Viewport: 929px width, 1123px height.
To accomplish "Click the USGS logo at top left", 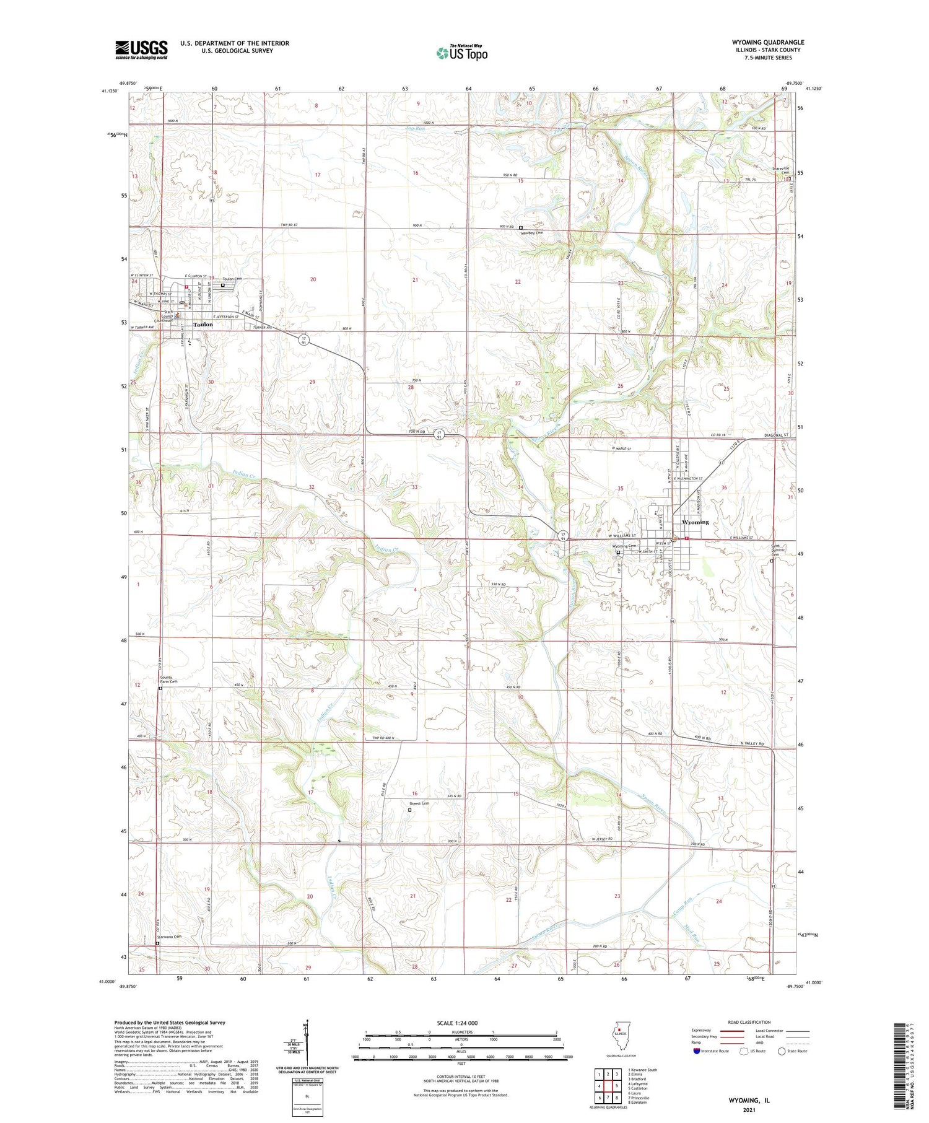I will coord(141,50).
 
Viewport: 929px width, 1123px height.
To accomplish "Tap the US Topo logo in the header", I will coord(461,53).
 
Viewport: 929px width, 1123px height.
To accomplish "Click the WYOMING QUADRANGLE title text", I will coord(768,42).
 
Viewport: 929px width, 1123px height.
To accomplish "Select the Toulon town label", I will coord(203,325).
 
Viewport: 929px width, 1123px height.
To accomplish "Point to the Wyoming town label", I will coord(695,522).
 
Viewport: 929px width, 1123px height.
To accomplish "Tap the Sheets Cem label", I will coord(419,803).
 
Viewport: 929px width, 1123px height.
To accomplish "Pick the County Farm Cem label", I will coord(168,679).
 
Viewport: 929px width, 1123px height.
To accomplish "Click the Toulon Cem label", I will coord(232,279).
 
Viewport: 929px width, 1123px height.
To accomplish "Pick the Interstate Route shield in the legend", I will coord(697,1051).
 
